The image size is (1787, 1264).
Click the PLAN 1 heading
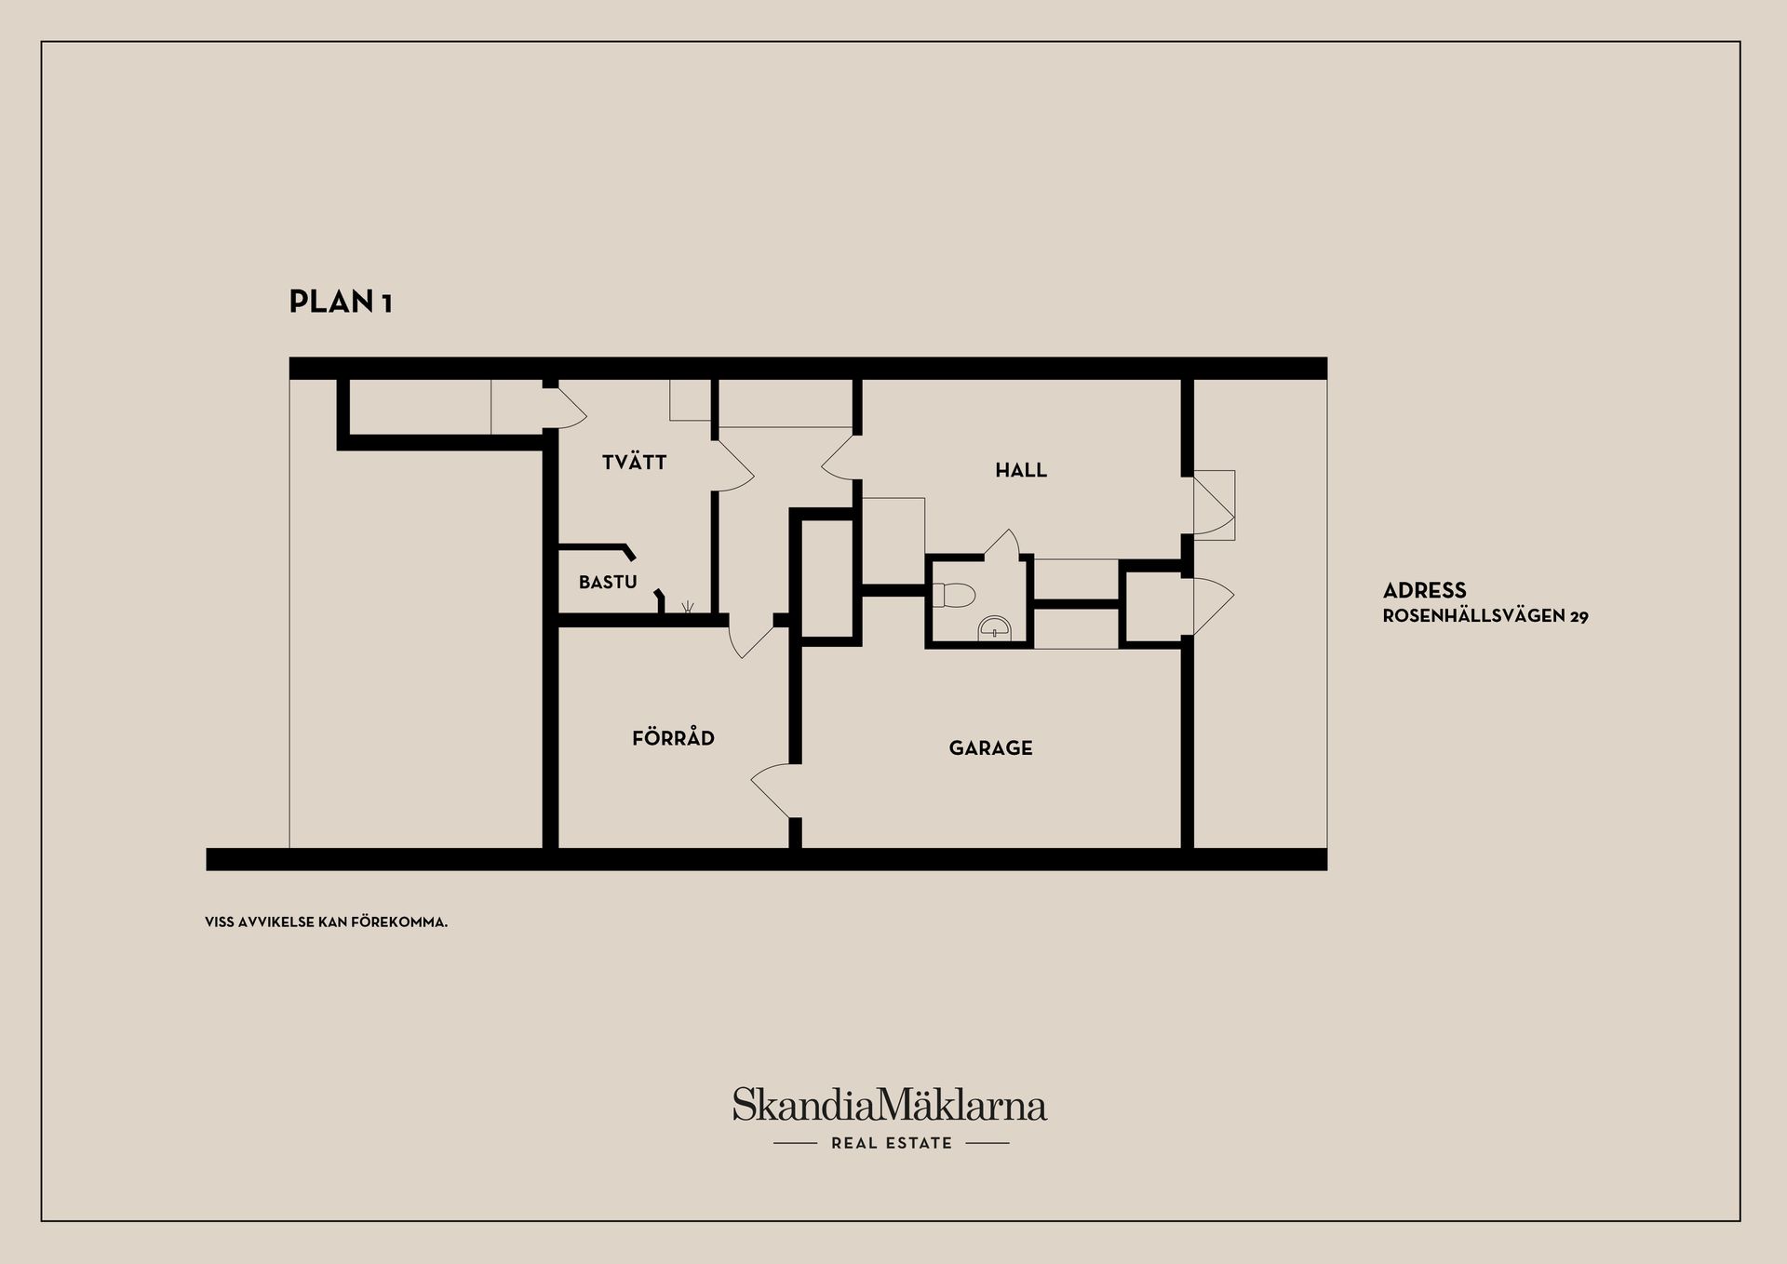click(341, 302)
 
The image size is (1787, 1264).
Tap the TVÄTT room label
click(634, 462)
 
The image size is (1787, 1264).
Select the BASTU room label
click(608, 583)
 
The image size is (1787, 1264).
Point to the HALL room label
click(1021, 470)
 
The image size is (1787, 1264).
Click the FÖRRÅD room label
click(673, 737)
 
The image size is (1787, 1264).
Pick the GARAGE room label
click(990, 747)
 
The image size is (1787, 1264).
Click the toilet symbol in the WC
click(952, 594)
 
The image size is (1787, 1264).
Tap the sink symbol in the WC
click(995, 628)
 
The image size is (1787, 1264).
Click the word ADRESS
click(1424, 590)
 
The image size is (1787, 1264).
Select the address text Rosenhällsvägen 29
click(1485, 616)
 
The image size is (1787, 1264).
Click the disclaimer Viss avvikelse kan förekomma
click(326, 922)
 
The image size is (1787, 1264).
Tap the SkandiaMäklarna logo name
click(890, 1105)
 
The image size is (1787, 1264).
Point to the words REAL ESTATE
click(892, 1143)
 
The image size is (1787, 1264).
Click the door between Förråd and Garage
click(774, 791)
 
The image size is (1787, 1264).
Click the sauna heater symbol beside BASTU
click(688, 607)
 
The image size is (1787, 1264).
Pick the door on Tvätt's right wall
click(733, 465)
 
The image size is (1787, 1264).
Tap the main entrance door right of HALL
click(1215, 505)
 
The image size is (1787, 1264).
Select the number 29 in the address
click(1579, 616)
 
